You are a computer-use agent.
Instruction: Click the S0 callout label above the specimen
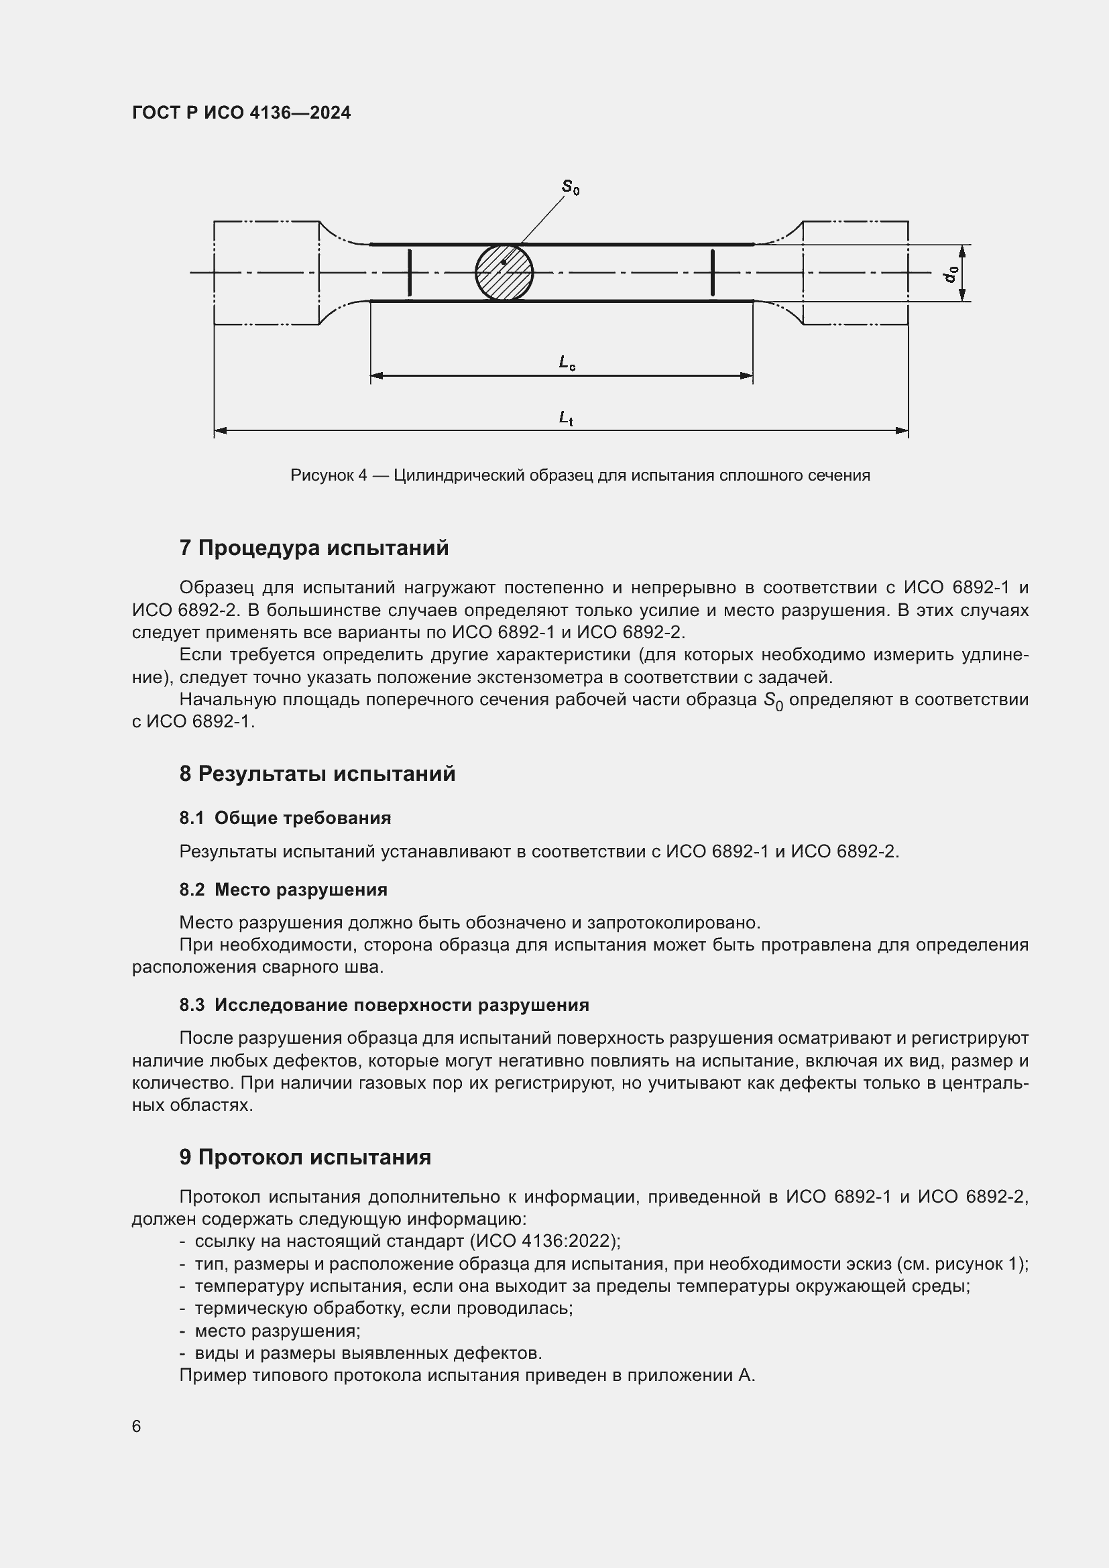click(x=570, y=187)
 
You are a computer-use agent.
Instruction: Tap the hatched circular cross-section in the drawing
click(x=504, y=272)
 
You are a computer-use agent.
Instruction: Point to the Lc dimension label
click(x=567, y=363)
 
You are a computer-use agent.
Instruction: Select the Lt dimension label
click(x=565, y=417)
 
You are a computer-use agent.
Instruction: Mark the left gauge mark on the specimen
click(x=409, y=272)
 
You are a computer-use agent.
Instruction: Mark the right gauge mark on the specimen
click(x=712, y=272)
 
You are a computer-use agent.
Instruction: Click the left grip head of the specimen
click(x=266, y=272)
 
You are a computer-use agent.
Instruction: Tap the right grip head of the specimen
click(x=855, y=272)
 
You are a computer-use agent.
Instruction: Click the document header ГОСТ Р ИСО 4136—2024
click(x=241, y=113)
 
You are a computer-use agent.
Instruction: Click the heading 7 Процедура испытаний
click(x=314, y=548)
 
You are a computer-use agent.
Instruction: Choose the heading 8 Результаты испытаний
click(x=318, y=774)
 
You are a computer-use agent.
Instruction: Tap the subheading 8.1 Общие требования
click(x=286, y=818)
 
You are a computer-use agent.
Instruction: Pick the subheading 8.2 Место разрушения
click(x=284, y=890)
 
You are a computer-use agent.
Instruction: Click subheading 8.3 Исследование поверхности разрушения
click(x=384, y=1006)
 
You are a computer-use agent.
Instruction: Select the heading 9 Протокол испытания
click(x=305, y=1158)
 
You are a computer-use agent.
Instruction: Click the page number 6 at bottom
click(x=137, y=1427)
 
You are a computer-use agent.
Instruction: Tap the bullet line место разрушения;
click(x=278, y=1331)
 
